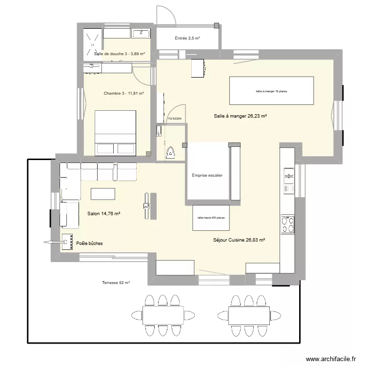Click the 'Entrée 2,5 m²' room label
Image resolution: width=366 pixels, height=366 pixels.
(x=188, y=38)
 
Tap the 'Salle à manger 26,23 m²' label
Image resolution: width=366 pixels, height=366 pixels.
(x=240, y=116)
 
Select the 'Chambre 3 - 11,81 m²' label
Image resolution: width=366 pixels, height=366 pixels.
(x=123, y=93)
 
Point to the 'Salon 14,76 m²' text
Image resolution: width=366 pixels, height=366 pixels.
(x=103, y=213)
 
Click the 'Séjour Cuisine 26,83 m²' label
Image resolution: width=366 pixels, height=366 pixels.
(x=239, y=240)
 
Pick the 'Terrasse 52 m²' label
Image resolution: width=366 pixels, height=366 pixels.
(x=116, y=283)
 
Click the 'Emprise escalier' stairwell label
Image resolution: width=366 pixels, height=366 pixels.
(x=207, y=176)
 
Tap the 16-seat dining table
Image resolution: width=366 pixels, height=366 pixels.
(x=271, y=91)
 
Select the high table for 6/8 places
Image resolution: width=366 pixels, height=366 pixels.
(x=211, y=218)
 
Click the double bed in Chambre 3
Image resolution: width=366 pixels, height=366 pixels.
(x=115, y=133)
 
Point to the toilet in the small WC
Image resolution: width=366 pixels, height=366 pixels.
(x=170, y=152)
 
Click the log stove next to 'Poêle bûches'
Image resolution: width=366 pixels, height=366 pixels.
(x=66, y=242)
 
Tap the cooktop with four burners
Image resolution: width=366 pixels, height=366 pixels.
(x=287, y=224)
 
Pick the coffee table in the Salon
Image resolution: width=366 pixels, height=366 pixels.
(x=103, y=194)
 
